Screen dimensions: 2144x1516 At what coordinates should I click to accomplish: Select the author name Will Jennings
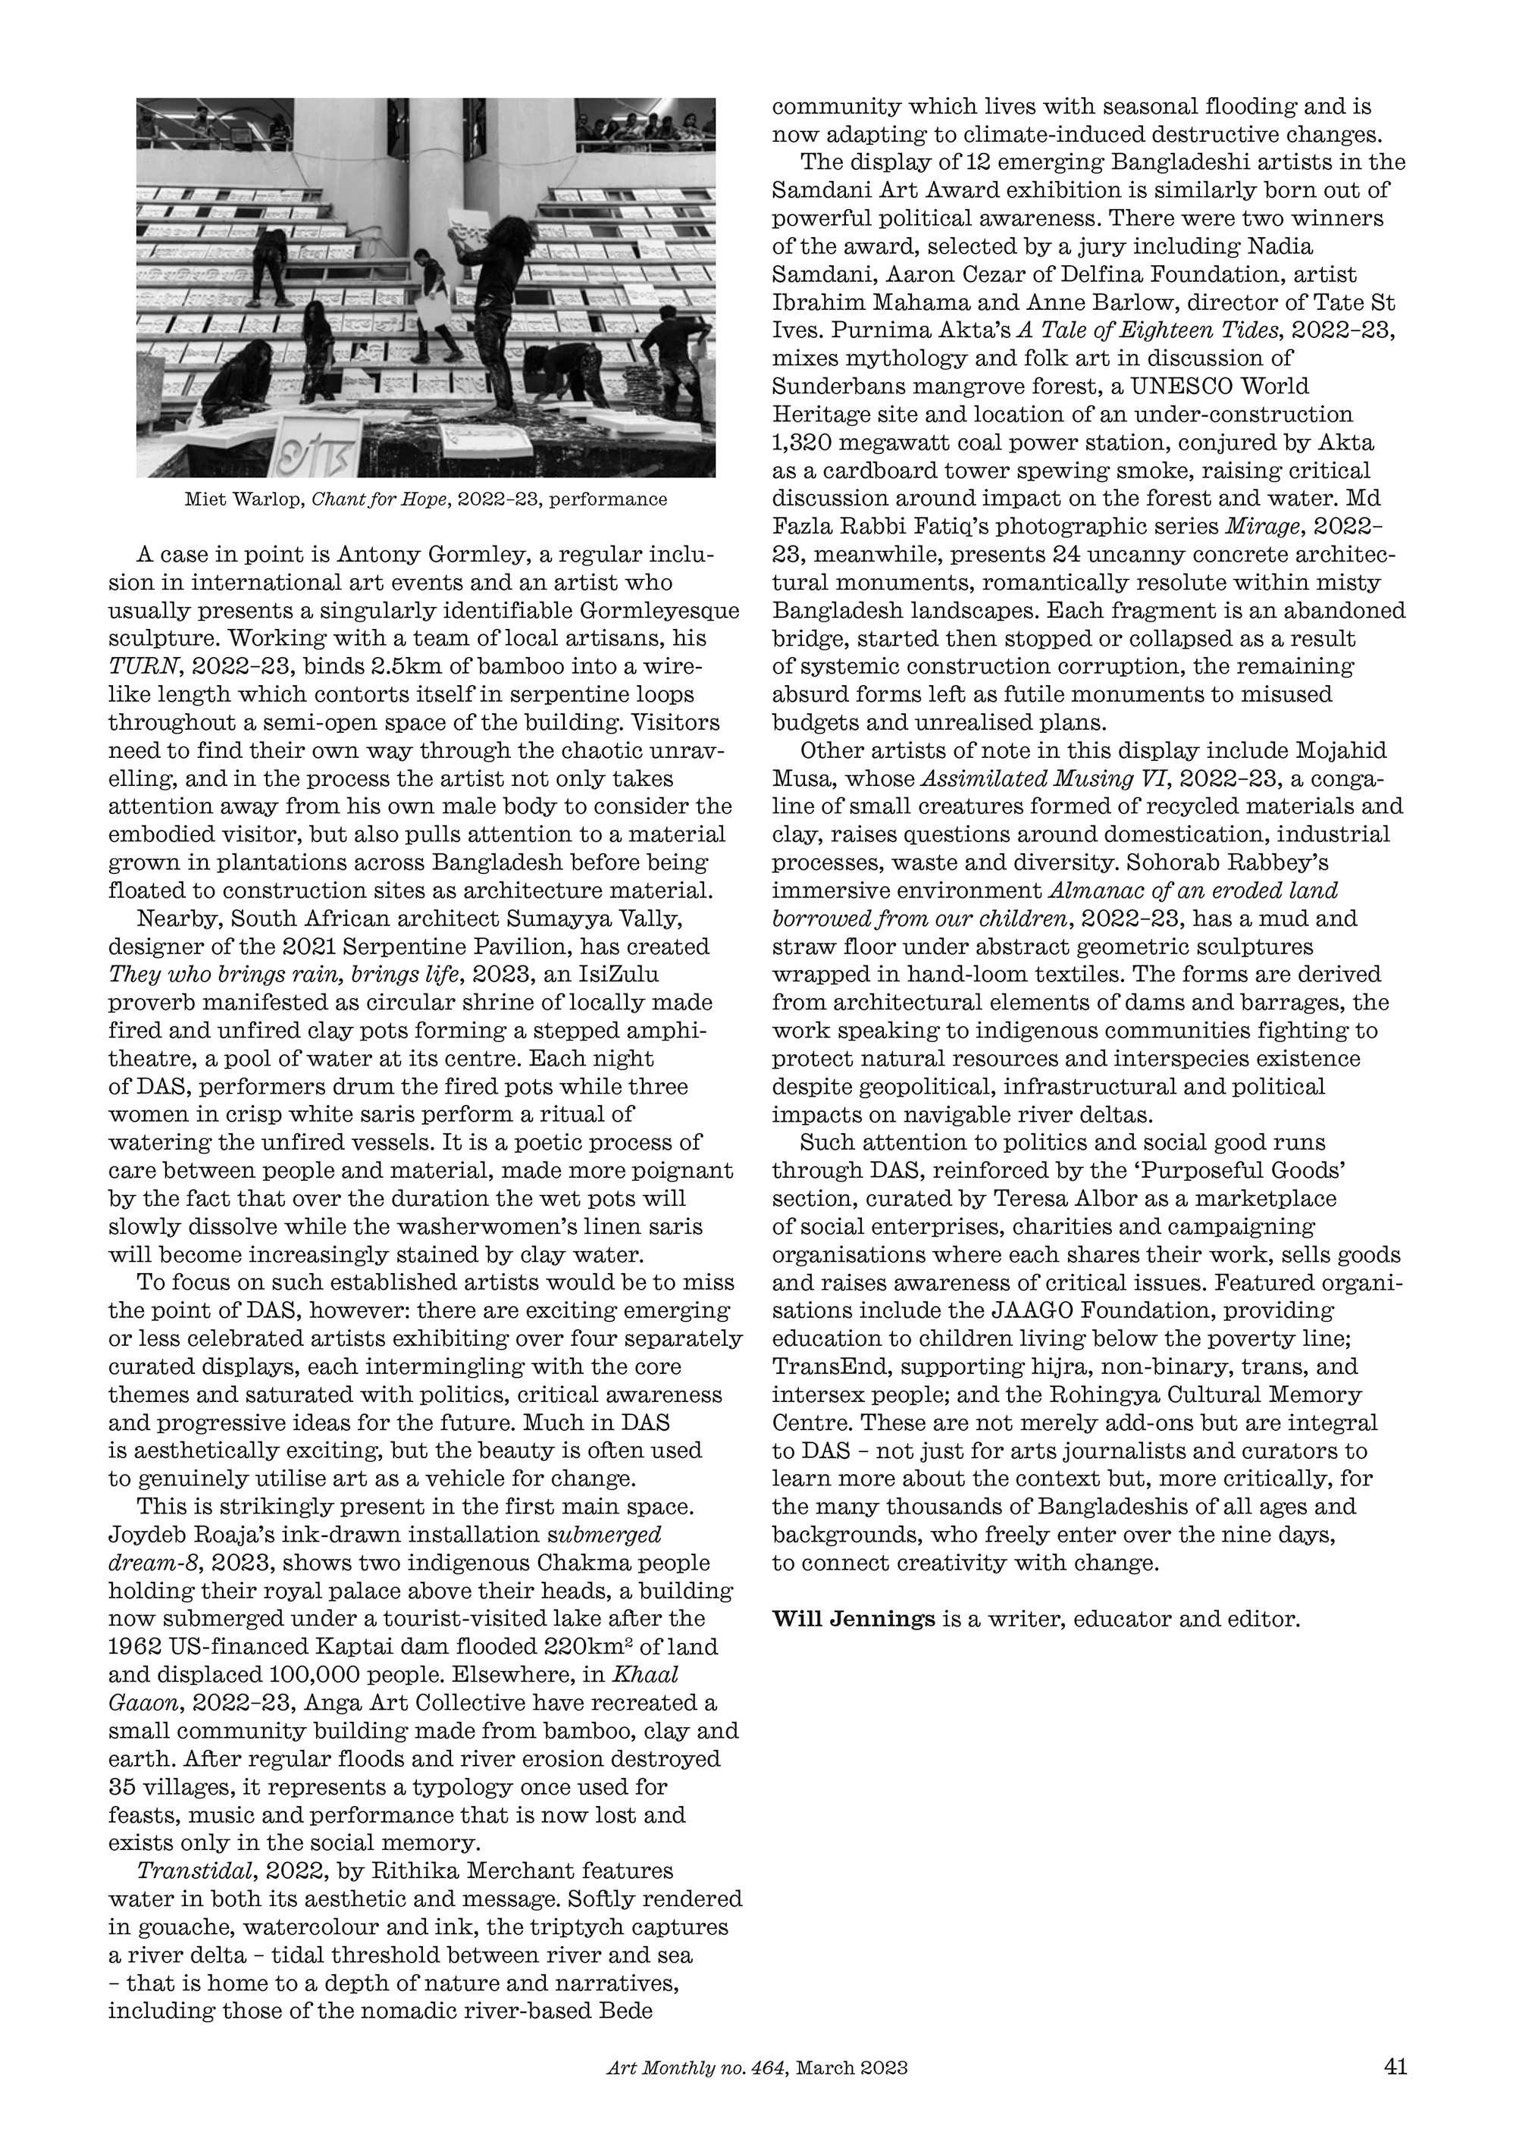(x=853, y=1618)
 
